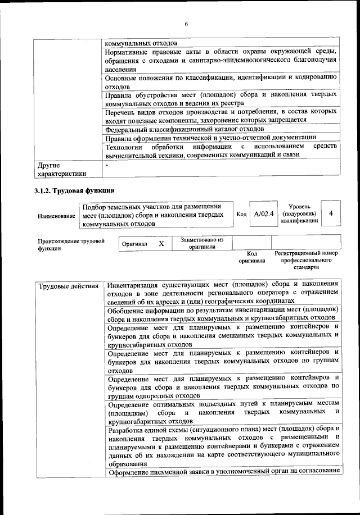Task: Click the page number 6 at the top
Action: pos(186,23)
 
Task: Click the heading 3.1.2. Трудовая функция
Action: pos(75,189)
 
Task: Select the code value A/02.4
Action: pos(263,214)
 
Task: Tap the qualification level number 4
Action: pos(331,213)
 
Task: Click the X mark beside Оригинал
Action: pos(161,244)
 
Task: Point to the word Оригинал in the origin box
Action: pos(134,245)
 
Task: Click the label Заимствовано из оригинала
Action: pos(202,243)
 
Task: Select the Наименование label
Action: pos(57,216)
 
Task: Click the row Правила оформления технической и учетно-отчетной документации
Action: pos(211,138)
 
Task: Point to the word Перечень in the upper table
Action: pos(122,112)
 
